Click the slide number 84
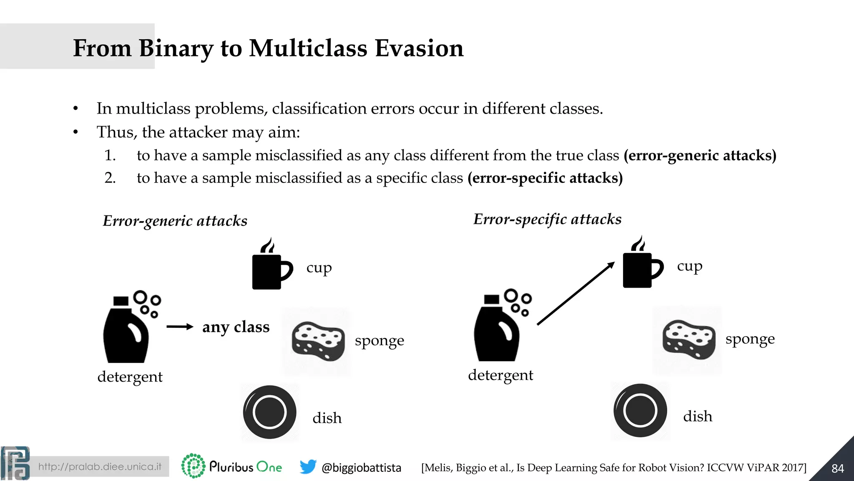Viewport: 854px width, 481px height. pyautogui.click(x=837, y=468)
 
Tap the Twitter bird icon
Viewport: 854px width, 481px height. pyautogui.click(x=308, y=466)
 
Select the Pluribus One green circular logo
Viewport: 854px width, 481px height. pyautogui.click(x=193, y=466)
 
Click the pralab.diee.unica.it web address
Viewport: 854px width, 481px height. pyautogui.click(x=100, y=466)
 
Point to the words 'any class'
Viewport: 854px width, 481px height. pyautogui.click(x=236, y=327)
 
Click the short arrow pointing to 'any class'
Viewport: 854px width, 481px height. pyautogui.click(x=180, y=327)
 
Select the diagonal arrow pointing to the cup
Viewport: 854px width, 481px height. pyautogui.click(x=575, y=293)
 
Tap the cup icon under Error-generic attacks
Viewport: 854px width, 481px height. pyautogui.click(x=270, y=267)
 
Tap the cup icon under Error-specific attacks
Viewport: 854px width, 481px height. pyautogui.click(x=641, y=266)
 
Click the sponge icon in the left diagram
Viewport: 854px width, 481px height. pyautogui.click(x=318, y=341)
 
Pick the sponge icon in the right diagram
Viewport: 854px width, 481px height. pyautogui.click(x=688, y=339)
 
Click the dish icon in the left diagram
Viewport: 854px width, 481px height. pyautogui.click(x=270, y=412)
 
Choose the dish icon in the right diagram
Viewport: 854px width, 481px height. pyautogui.click(x=640, y=410)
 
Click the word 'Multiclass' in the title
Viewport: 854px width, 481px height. pyautogui.click(x=308, y=48)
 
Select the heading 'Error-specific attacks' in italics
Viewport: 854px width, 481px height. pyautogui.click(x=547, y=219)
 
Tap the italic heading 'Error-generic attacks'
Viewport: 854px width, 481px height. pyautogui.click(x=175, y=221)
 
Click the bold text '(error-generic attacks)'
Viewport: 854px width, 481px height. pyautogui.click(x=700, y=155)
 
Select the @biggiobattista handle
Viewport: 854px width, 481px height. pyautogui.click(x=361, y=468)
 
